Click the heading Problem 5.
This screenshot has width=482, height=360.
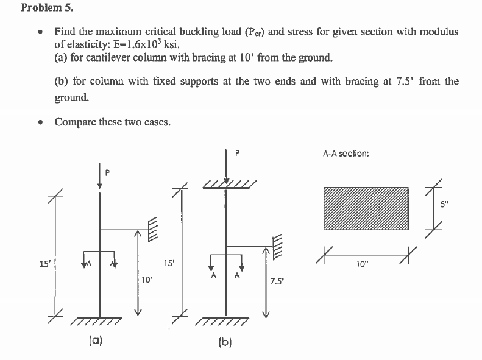coord(43,8)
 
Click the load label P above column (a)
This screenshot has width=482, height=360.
coord(107,172)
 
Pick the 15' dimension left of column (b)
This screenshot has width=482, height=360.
coord(171,264)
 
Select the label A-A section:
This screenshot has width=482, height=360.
coord(346,154)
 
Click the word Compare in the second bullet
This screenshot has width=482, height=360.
coord(74,122)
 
